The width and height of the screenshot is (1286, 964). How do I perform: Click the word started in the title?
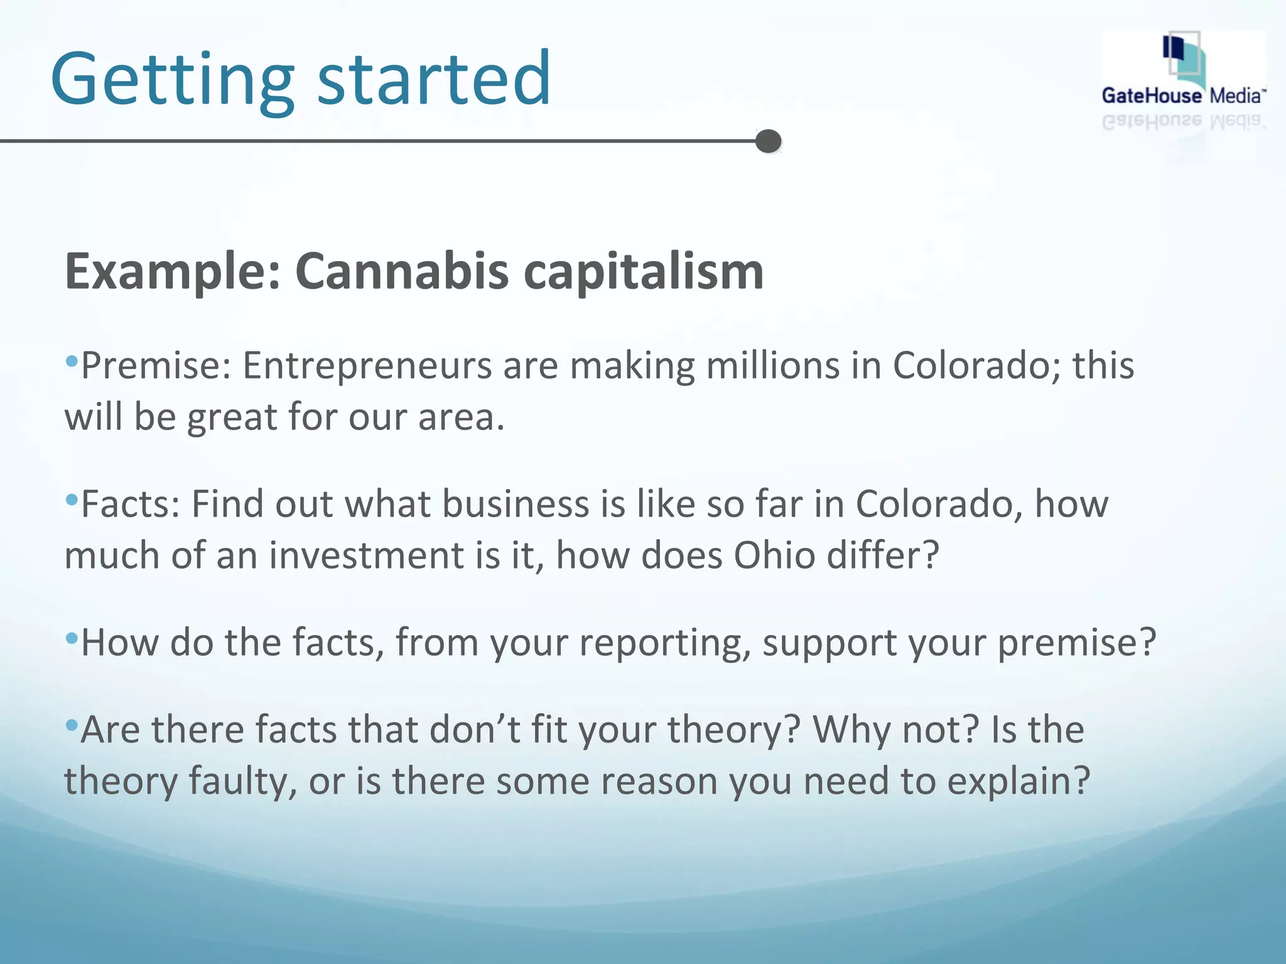click(434, 79)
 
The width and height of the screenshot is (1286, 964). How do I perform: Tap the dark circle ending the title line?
click(768, 141)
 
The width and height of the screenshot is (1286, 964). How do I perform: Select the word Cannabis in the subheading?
click(402, 271)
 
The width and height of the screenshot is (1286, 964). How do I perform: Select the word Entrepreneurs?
click(367, 365)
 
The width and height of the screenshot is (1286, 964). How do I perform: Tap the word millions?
click(773, 365)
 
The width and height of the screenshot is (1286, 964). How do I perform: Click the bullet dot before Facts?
click(72, 500)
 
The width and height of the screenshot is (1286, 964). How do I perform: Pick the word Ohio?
click(774, 555)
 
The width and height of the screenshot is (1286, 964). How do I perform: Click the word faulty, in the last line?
click(243, 782)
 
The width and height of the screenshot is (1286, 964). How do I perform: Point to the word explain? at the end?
click(1018, 782)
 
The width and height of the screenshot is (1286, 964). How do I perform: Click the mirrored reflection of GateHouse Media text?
click(1183, 121)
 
